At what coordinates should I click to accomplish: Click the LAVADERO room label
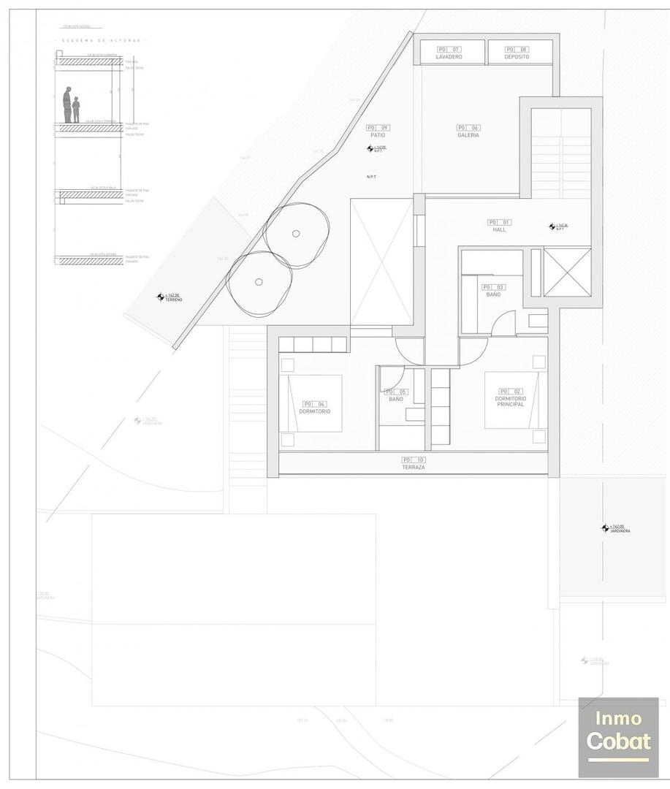pos(449,56)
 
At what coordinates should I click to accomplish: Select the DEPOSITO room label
pos(517,56)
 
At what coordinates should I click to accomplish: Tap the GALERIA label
pos(468,134)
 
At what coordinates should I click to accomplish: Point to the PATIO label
pos(378,134)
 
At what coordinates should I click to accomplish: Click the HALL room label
pos(499,229)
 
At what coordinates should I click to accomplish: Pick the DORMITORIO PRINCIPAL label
pos(511,400)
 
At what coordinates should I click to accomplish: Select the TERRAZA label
pos(413,467)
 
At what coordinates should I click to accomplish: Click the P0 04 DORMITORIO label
pos(314,411)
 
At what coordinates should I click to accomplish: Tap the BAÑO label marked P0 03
pos(493,294)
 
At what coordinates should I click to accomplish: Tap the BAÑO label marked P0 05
pos(396,398)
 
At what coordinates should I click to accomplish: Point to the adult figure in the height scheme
pos(67,105)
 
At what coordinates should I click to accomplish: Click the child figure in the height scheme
pos(76,110)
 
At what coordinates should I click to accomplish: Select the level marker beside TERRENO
pos(160,297)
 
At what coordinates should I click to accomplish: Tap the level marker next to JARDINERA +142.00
pos(605,527)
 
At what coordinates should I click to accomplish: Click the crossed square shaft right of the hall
pos(567,272)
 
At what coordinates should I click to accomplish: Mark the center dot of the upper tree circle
pos(295,234)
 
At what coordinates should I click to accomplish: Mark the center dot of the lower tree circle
pos(259,282)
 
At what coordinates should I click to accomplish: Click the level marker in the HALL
pos(552,226)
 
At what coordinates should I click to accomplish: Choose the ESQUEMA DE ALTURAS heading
pos(101,41)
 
